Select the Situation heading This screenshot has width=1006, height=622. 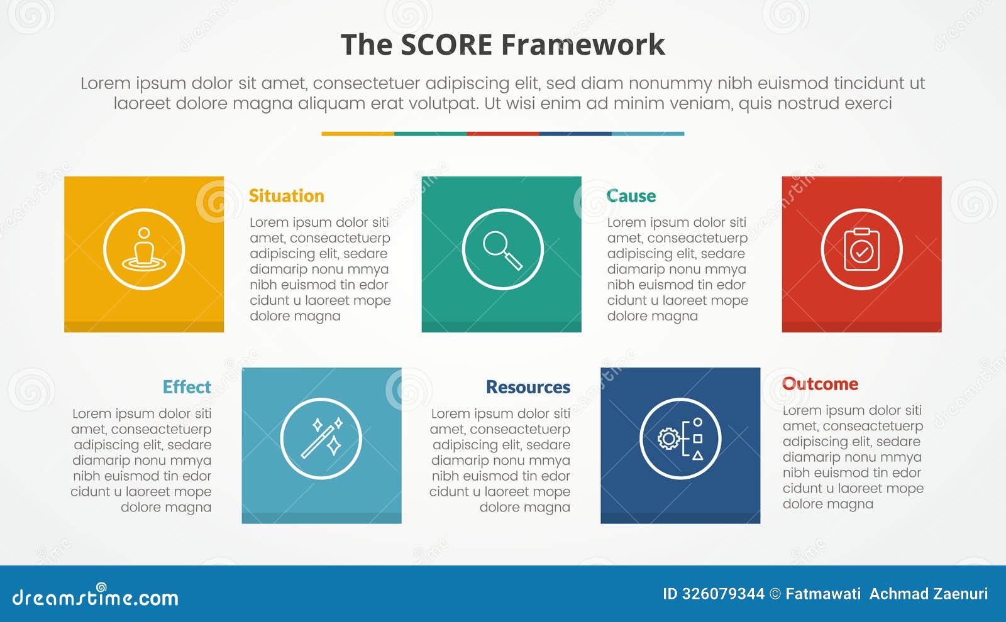click(287, 196)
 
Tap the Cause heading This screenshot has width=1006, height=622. click(631, 196)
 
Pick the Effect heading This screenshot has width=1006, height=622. click(187, 387)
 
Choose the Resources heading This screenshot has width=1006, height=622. click(528, 387)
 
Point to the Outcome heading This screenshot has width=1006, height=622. click(820, 384)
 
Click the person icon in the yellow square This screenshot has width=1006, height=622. click(144, 249)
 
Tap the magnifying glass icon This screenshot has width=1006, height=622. click(502, 249)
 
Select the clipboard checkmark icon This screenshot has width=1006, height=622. click(861, 249)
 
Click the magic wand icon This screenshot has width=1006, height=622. click(321, 439)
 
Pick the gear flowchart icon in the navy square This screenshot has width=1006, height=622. click(680, 439)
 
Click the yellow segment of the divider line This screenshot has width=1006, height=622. click(358, 134)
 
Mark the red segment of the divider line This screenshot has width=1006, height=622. click(503, 134)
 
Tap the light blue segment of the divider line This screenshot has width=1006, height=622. click(648, 134)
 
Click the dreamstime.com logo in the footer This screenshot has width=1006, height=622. click(95, 597)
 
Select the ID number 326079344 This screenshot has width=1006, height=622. click(723, 594)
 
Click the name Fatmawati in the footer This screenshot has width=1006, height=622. click(823, 594)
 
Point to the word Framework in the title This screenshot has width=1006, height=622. click(583, 45)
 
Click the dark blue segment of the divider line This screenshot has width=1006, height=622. click(575, 134)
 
